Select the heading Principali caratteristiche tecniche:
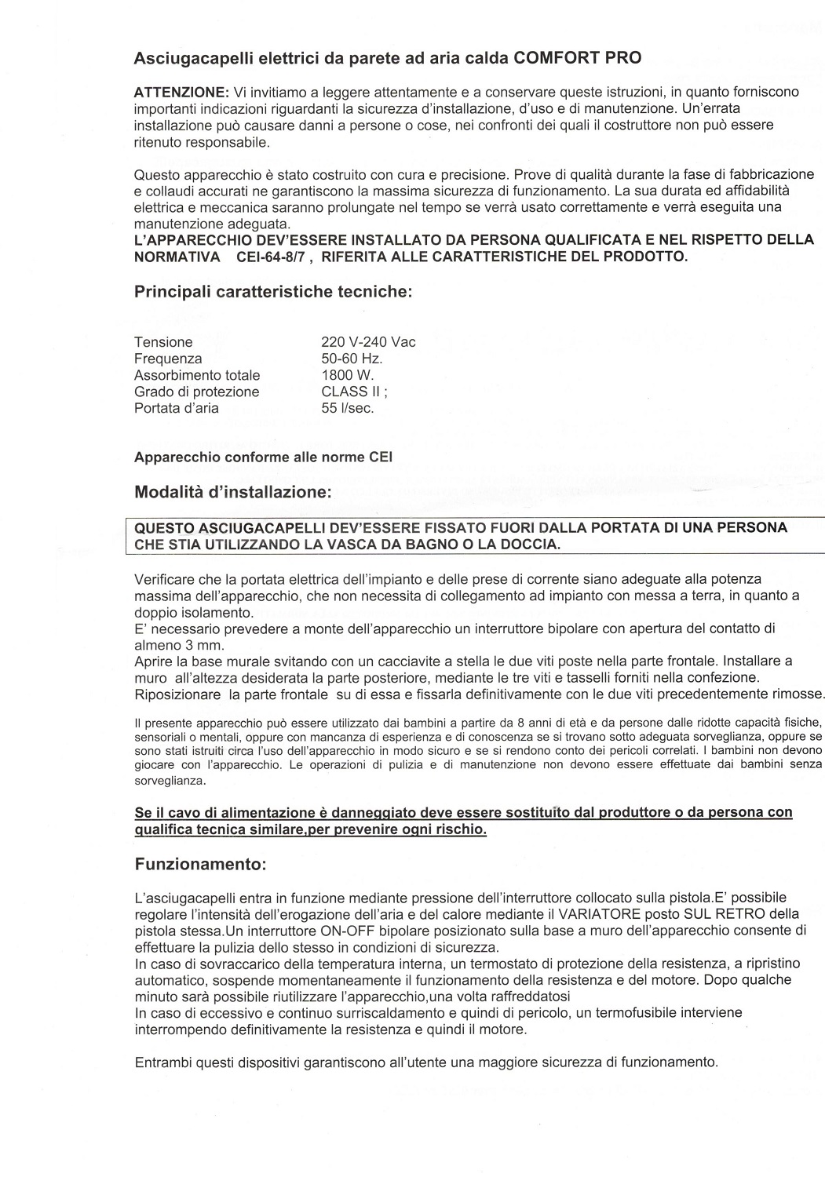tap(273, 292)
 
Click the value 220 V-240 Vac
tap(368, 342)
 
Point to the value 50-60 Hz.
tap(352, 359)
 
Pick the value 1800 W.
tap(348, 375)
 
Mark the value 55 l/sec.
tap(348, 408)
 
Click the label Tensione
tap(163, 342)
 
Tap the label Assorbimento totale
tap(197, 375)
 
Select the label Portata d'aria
tap(177, 408)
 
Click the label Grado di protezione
tap(196, 392)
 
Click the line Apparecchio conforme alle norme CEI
tap(264, 457)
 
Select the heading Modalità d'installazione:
tap(233, 493)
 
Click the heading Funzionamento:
tap(201, 865)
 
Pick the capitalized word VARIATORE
tap(597, 913)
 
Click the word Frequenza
tap(168, 359)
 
